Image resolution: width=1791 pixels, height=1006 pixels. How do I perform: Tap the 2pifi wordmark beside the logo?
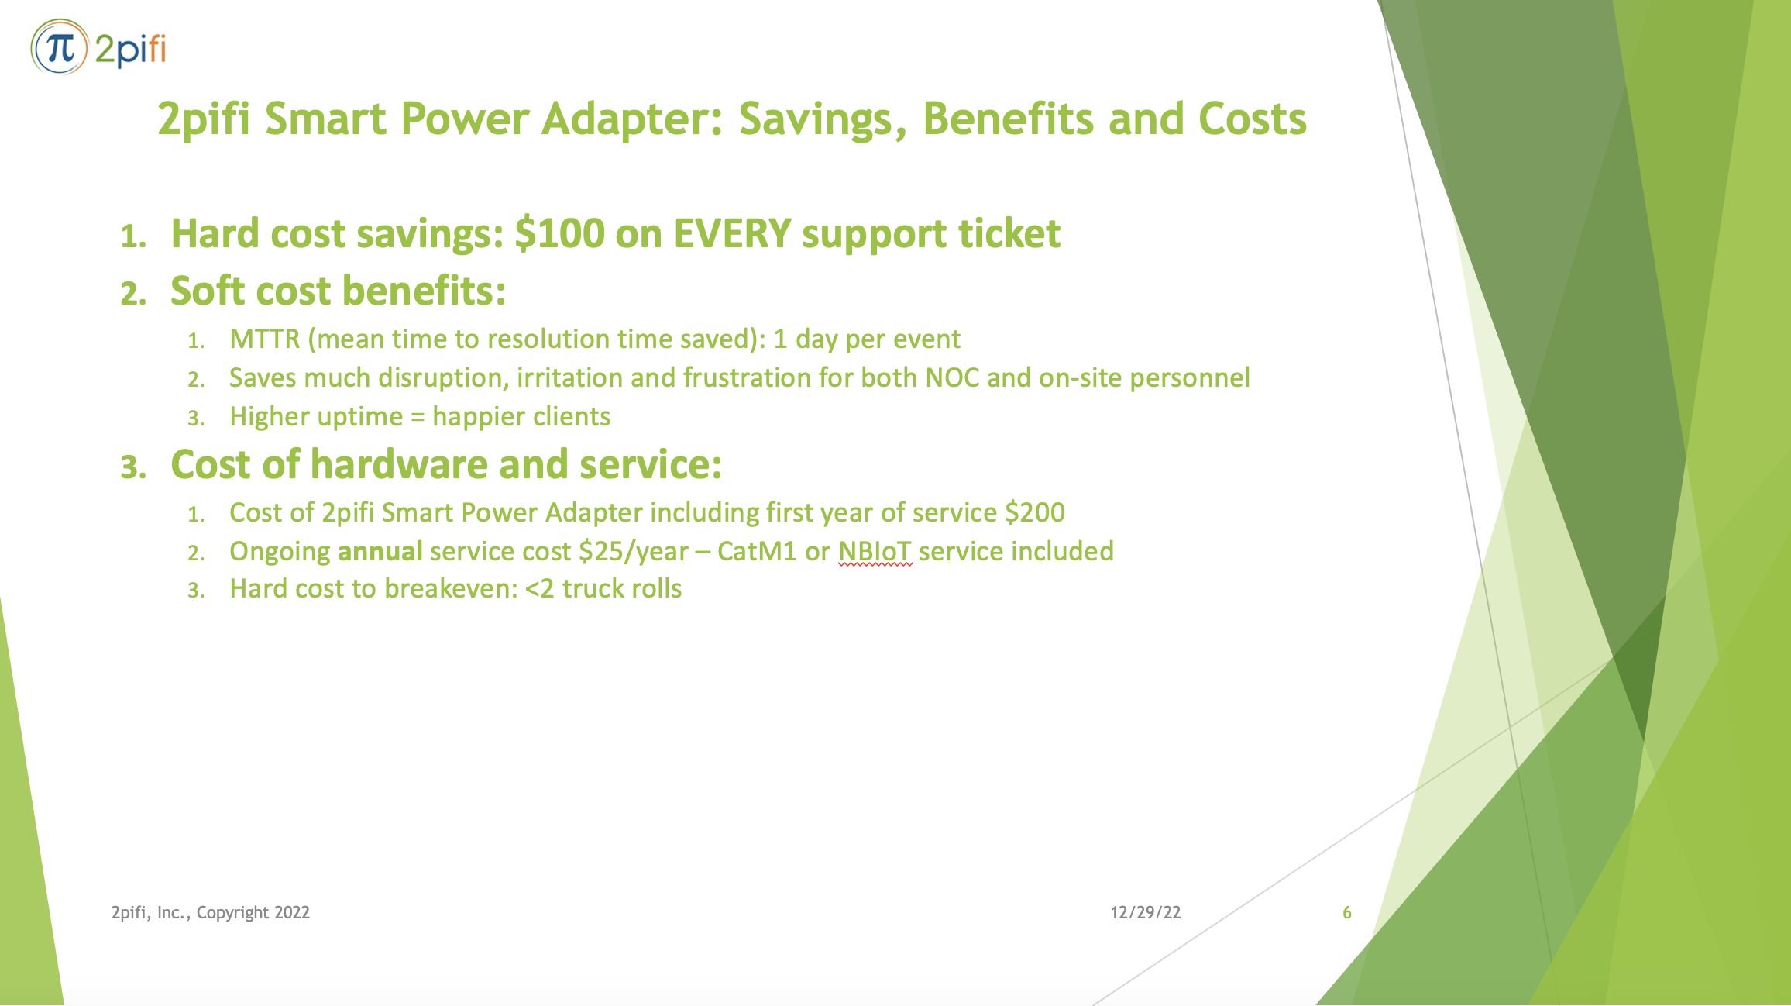point(130,50)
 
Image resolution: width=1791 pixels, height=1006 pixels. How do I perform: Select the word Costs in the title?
point(1252,120)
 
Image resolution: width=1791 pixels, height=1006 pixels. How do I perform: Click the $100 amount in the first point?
point(559,234)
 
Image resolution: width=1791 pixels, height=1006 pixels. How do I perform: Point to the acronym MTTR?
point(264,339)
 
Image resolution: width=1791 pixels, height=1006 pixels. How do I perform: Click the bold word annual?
point(380,552)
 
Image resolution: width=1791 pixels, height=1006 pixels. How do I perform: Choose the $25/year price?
point(633,552)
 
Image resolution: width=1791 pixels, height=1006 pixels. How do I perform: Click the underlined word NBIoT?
point(875,552)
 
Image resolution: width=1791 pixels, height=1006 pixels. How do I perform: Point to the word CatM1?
point(756,552)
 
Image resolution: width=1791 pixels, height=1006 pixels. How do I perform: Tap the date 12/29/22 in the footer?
point(1145,913)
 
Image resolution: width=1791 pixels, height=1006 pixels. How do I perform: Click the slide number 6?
point(1346,913)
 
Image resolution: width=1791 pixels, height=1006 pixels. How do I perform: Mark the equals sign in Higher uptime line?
point(418,418)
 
